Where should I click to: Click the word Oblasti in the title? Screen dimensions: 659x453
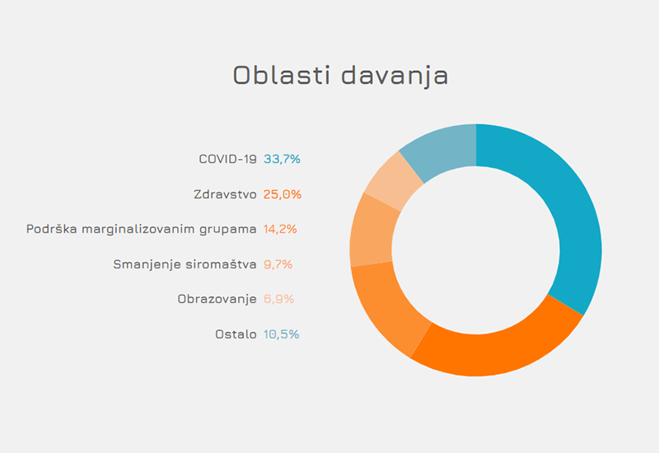[x=281, y=75]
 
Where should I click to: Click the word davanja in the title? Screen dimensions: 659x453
[x=395, y=77]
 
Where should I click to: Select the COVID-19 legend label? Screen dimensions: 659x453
[x=227, y=159]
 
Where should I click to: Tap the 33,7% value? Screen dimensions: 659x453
[x=282, y=159]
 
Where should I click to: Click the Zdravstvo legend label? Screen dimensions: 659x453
[x=225, y=194]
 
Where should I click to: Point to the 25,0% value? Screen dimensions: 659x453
[x=283, y=194]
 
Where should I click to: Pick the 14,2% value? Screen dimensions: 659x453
[x=280, y=229]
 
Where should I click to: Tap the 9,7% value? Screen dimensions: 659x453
[x=278, y=264]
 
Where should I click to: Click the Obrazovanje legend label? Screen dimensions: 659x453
[x=217, y=299]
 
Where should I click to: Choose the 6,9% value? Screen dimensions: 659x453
[x=278, y=299]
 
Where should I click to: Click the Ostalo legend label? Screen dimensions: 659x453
[x=236, y=334]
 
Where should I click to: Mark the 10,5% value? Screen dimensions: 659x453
[x=281, y=334]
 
